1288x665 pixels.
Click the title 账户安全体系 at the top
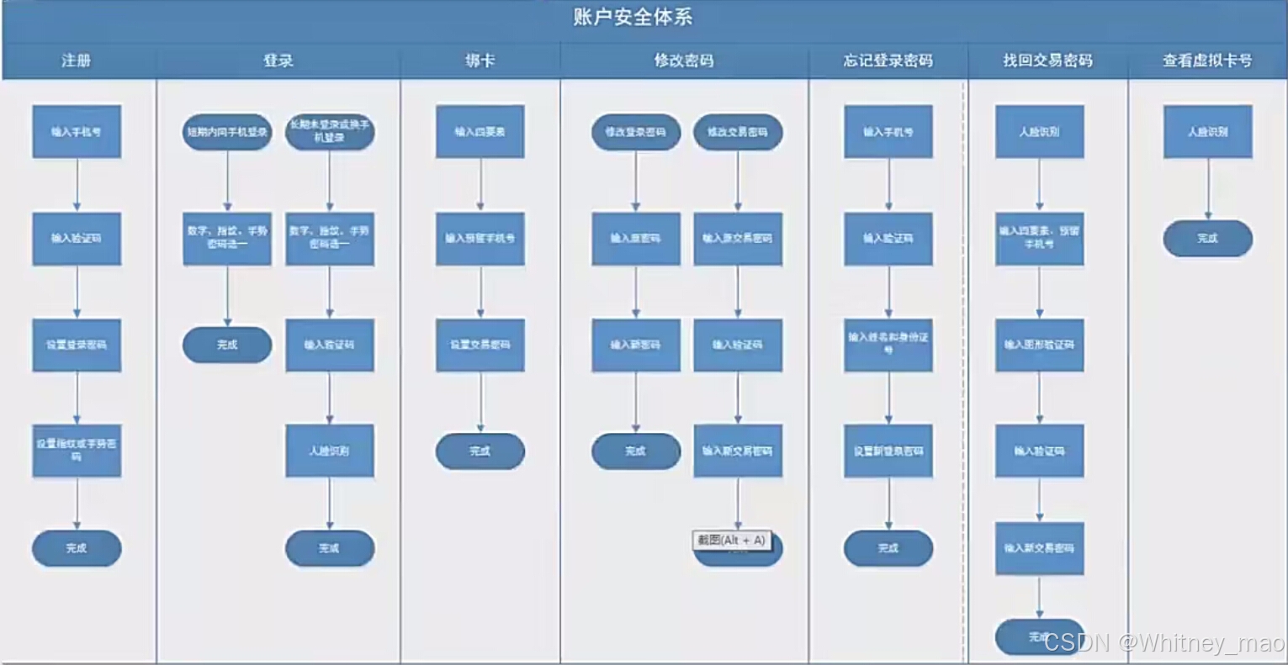tap(633, 17)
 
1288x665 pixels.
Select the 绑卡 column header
tap(480, 61)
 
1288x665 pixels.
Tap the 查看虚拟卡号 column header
tap(1207, 61)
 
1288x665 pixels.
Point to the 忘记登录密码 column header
tap(888, 61)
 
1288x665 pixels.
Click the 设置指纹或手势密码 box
tap(77, 451)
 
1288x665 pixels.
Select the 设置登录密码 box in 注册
tap(77, 345)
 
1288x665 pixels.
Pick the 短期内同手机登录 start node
tap(227, 132)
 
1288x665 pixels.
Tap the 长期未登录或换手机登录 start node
tap(330, 132)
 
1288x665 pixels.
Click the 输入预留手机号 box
tap(480, 238)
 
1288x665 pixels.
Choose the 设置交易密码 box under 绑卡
tap(480, 345)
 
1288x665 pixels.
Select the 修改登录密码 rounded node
tap(636, 132)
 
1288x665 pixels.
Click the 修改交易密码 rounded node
tap(738, 132)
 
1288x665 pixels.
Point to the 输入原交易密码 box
tap(738, 238)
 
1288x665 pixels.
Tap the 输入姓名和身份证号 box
tap(888, 344)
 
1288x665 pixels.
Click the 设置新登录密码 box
tap(888, 451)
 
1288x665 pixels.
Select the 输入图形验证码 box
tap(1039, 345)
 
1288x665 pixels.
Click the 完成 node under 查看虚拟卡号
tap(1207, 239)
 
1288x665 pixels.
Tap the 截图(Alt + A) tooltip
tap(732, 541)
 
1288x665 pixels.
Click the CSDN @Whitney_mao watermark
tap(1163, 643)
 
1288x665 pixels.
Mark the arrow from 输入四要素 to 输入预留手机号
tap(480, 185)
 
